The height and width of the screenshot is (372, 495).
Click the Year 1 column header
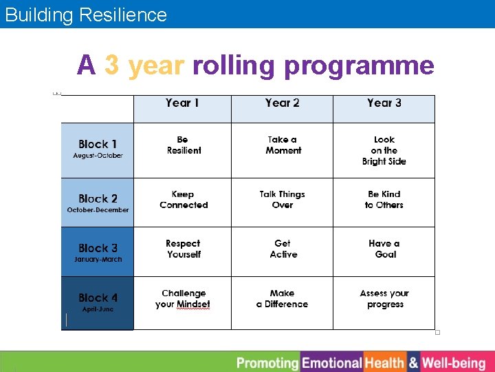182,103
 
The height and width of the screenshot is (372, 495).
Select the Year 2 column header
282,103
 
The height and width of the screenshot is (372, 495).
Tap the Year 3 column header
384,103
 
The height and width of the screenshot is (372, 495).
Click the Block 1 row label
98,149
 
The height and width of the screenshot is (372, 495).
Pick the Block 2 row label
98,203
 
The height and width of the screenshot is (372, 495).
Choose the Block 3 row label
98,252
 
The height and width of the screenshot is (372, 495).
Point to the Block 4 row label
98,302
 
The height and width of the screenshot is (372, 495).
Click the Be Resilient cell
184,145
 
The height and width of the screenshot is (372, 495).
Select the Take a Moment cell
283,145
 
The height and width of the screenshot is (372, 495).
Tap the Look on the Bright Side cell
384,150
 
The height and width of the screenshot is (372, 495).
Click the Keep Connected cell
184,200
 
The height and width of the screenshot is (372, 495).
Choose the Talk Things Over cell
283,200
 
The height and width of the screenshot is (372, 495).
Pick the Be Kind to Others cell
384,200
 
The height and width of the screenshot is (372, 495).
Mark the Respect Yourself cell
184,249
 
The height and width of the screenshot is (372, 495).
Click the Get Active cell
283,249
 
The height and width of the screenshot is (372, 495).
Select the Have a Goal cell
384,249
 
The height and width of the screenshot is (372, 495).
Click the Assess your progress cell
384,299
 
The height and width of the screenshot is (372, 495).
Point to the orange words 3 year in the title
144,65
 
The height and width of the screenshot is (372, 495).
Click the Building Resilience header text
86,14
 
